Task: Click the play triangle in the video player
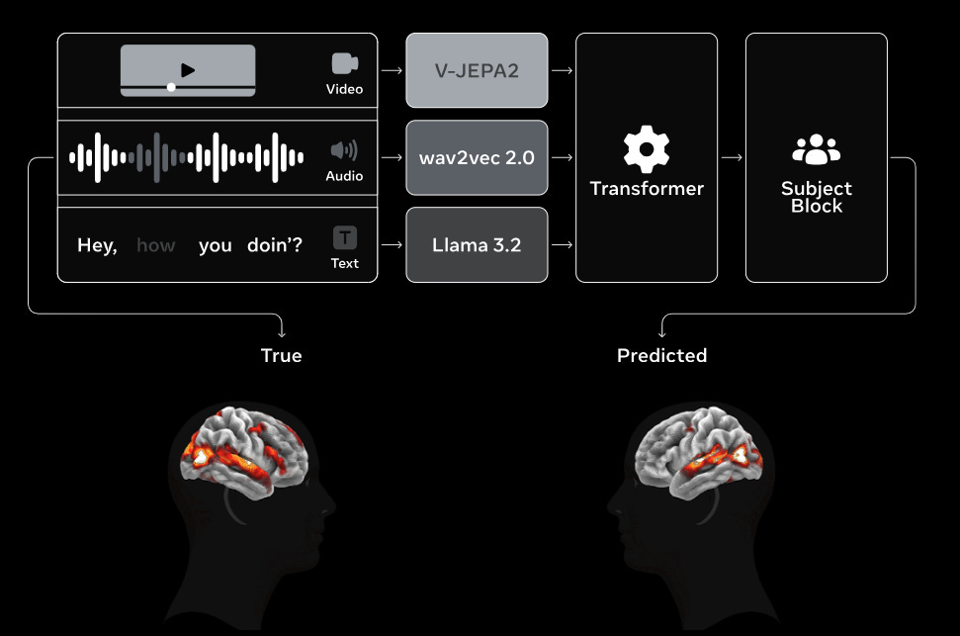click(188, 70)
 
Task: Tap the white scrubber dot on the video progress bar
click(171, 87)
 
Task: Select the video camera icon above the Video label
click(344, 63)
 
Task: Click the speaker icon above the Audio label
click(344, 150)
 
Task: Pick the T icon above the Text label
click(344, 237)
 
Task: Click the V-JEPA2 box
click(477, 70)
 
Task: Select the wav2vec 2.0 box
click(477, 157)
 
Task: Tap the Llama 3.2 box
click(477, 244)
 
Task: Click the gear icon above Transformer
click(647, 150)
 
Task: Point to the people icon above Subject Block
click(816, 149)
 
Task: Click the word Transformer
click(647, 188)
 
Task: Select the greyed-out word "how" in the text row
click(155, 245)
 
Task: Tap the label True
click(281, 355)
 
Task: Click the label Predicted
click(661, 355)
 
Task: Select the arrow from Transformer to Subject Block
click(732, 157)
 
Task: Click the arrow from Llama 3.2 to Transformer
click(562, 244)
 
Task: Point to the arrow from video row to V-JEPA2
click(392, 70)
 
